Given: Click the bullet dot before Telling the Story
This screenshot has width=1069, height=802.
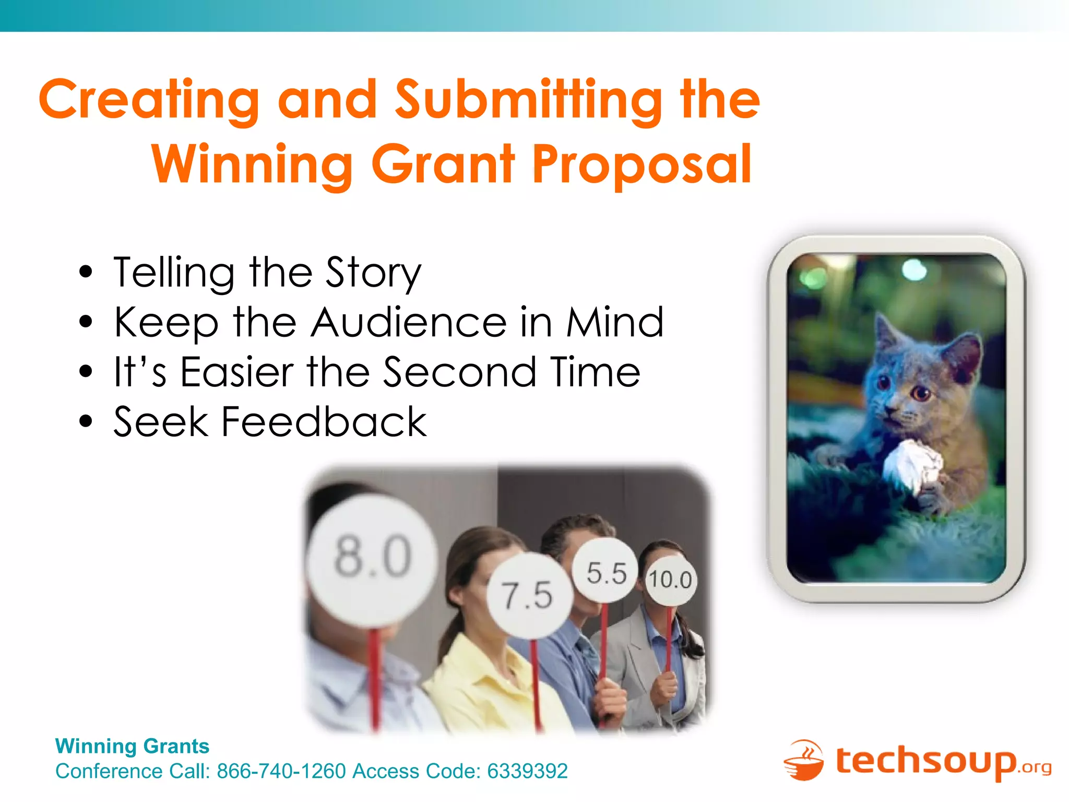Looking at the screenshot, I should [x=86, y=273].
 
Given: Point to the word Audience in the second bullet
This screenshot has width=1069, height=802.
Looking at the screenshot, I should [x=409, y=323].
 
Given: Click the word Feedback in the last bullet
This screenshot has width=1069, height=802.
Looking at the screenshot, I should [x=324, y=422].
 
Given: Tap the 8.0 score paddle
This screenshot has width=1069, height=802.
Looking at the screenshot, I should [x=372, y=558].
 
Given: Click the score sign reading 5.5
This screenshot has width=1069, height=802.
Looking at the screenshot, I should [x=605, y=573].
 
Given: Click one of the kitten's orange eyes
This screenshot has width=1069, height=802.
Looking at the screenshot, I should [x=922, y=392].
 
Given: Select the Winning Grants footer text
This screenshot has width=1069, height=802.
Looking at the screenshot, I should [x=132, y=746].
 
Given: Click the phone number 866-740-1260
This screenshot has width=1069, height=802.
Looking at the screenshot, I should [x=281, y=771].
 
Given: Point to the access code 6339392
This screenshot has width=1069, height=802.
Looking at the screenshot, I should [x=527, y=771].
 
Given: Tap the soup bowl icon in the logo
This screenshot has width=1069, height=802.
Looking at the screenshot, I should [x=804, y=761].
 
